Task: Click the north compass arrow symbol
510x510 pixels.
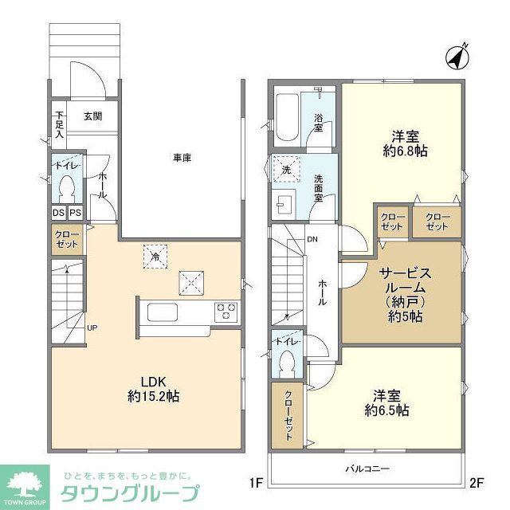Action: [x=456, y=57]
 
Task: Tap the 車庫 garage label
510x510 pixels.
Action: [x=182, y=158]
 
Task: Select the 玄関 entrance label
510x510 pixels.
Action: [x=92, y=116]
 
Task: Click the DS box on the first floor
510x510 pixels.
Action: [x=59, y=213]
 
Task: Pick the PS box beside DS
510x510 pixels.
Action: [x=75, y=213]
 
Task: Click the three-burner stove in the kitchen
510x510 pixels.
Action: [x=225, y=309]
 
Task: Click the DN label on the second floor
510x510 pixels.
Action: [x=313, y=239]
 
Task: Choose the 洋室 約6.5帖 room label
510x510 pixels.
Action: [x=386, y=402]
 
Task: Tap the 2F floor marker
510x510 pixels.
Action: [x=477, y=482]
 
